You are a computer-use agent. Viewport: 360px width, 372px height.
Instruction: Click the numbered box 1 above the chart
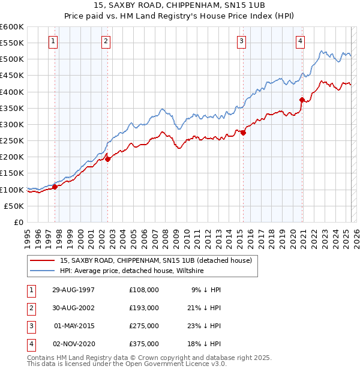pyautogui.click(x=53, y=41)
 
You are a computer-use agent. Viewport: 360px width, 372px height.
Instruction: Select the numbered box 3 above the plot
pyautogui.click(x=241, y=41)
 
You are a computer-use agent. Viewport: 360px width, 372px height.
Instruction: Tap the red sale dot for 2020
pyautogui.click(x=302, y=100)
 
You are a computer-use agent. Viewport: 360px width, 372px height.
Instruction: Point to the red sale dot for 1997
pyautogui.click(x=55, y=187)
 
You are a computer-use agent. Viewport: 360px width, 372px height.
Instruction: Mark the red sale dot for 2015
pyautogui.click(x=244, y=133)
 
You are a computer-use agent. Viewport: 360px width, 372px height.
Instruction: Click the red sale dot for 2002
pyautogui.click(x=107, y=159)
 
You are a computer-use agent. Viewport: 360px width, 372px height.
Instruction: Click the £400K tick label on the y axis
pyautogui.click(x=12, y=92)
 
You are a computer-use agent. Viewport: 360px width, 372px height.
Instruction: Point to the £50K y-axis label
pyautogui.click(x=14, y=206)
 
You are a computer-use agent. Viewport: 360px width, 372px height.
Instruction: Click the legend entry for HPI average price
pyautogui.click(x=131, y=271)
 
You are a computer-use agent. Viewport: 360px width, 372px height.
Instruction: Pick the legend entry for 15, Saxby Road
pyautogui.click(x=155, y=260)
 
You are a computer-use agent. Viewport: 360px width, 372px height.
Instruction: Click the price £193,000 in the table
pyautogui.click(x=144, y=308)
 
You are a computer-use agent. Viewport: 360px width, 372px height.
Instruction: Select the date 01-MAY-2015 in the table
pyautogui.click(x=74, y=326)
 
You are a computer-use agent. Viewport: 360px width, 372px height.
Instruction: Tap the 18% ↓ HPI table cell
pyautogui.click(x=206, y=344)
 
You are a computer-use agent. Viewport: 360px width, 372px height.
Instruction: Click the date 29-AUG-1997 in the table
pyautogui.click(x=74, y=290)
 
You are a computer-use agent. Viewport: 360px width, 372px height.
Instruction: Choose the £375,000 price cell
pyautogui.click(x=144, y=344)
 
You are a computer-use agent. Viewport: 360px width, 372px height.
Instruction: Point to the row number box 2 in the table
pyautogui.click(x=31, y=308)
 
